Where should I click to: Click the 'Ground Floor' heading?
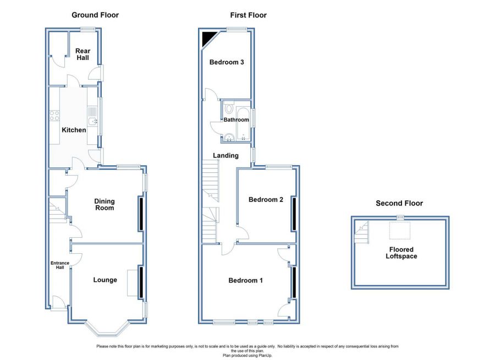click(95, 15)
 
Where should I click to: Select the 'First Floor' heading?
click(248, 15)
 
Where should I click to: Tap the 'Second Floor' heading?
click(399, 203)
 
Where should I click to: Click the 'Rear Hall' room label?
click(82, 54)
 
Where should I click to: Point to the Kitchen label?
click(74, 130)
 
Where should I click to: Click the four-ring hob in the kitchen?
click(54, 116)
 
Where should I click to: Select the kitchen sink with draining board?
click(92, 116)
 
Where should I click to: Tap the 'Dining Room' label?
click(105, 204)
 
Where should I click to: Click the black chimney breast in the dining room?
click(141, 214)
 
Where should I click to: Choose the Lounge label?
click(105, 280)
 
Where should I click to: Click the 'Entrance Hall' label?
click(60, 265)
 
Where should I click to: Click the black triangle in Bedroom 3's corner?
click(207, 37)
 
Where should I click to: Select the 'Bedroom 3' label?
click(227, 62)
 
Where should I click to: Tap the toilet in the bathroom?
click(229, 108)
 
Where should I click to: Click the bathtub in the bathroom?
click(243, 124)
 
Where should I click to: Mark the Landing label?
click(226, 155)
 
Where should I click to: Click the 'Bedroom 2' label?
click(266, 199)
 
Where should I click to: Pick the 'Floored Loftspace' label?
click(402, 253)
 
